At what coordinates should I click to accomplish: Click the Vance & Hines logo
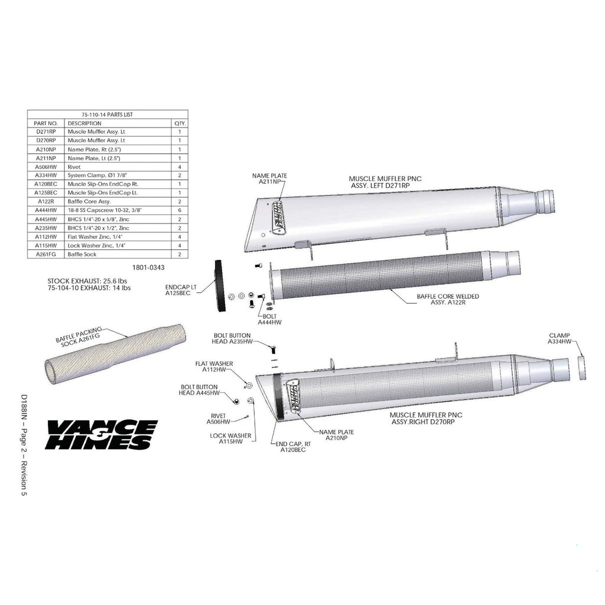pyautogui.click(x=102, y=434)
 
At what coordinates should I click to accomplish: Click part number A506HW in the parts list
pyautogui.click(x=46, y=167)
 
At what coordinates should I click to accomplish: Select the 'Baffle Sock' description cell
pyautogui.click(x=82, y=254)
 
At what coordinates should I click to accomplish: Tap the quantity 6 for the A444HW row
pyautogui.click(x=180, y=210)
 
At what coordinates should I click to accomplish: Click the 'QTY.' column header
pyautogui.click(x=180, y=123)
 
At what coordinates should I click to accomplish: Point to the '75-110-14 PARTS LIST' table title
pyautogui.click(x=108, y=115)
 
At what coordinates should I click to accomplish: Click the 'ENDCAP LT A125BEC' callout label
pyautogui.click(x=181, y=290)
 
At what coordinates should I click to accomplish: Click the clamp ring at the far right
pyautogui.click(x=582, y=368)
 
